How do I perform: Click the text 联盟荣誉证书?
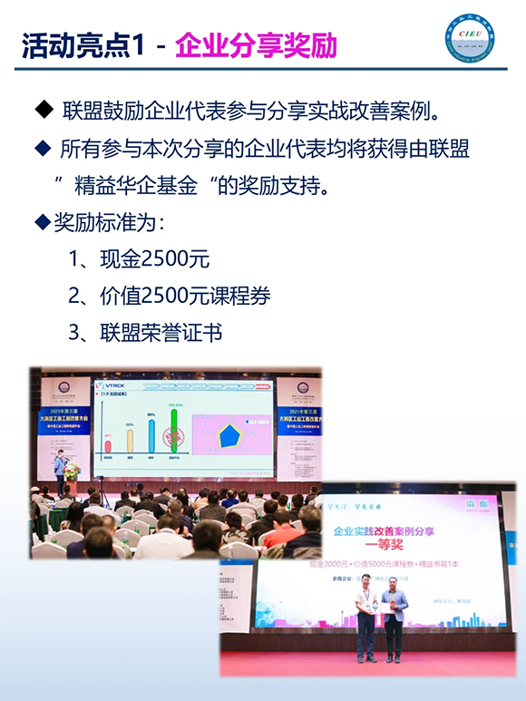click(158, 333)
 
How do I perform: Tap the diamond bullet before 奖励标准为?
click(40, 221)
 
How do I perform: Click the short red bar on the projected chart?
click(108, 443)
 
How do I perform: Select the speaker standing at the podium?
click(59, 472)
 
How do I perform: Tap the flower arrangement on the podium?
click(72, 472)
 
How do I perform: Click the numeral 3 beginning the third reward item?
click(75, 333)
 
